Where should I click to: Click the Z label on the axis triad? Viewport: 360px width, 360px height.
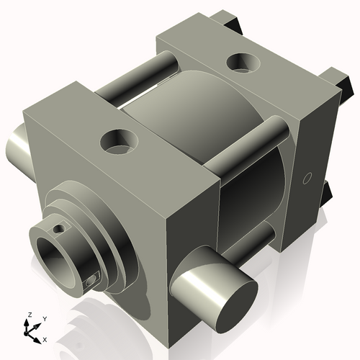click(28, 315)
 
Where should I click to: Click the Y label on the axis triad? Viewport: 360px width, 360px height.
click(44, 318)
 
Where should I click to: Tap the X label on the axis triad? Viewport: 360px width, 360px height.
click(45, 338)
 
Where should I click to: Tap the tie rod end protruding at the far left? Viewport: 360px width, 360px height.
click(16, 148)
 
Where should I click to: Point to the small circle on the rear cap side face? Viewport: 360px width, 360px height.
click(307, 177)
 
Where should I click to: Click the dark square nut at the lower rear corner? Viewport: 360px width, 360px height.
click(328, 191)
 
